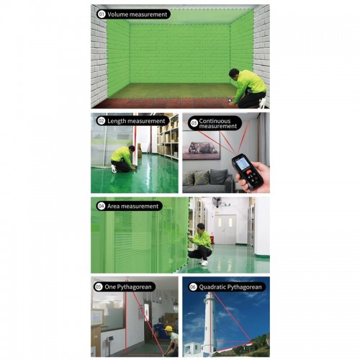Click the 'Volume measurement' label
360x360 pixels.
[x=137, y=14]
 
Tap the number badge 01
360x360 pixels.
[x=102, y=14]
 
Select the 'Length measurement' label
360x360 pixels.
[x=136, y=121]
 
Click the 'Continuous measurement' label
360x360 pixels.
[x=218, y=124]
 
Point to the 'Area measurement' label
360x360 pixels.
[x=132, y=206]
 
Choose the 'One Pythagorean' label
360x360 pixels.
[x=128, y=287]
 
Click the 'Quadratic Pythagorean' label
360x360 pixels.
[x=230, y=287]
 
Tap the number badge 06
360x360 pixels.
[x=193, y=287]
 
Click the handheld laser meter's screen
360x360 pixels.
[x=242, y=164]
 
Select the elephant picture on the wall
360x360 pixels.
[x=201, y=148]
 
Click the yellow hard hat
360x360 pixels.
[x=169, y=328]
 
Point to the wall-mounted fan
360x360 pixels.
[x=217, y=202]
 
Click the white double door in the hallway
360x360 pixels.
[x=225, y=229]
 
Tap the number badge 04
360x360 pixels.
[x=102, y=206]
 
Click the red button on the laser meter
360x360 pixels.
[x=248, y=173]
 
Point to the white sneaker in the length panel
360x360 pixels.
[x=114, y=168]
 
